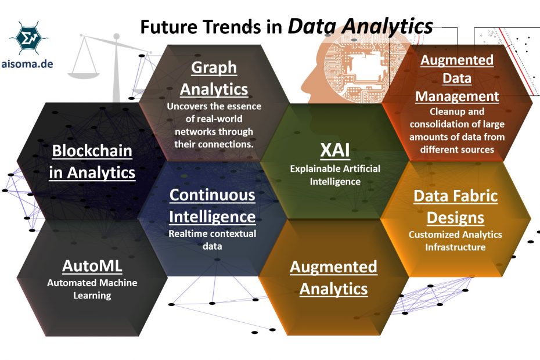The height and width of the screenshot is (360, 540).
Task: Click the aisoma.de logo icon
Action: [28, 38]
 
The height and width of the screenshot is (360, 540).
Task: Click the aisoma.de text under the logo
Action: [28, 64]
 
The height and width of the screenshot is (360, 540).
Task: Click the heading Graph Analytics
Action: [214, 78]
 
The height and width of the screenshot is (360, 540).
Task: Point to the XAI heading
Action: [335, 149]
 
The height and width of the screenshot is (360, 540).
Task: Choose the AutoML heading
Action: [92, 266]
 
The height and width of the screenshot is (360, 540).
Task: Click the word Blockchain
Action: [92, 151]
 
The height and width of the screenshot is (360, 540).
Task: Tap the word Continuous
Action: [212, 195]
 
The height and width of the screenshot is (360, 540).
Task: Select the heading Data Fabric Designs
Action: [455, 207]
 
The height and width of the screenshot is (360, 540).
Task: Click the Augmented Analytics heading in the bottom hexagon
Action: [333, 278]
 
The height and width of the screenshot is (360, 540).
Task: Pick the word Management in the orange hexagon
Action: [458, 96]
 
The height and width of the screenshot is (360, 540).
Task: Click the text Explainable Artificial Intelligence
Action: [335, 175]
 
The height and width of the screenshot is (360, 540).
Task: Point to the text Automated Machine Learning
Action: [92, 289]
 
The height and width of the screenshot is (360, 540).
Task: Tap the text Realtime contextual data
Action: [211, 240]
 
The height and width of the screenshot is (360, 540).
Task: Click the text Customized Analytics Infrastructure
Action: [455, 241]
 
